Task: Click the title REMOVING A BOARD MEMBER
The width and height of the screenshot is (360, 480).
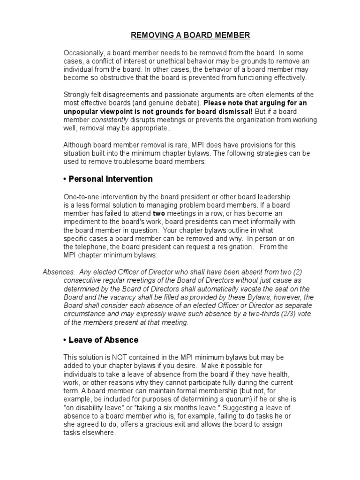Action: pyautogui.click(x=190, y=35)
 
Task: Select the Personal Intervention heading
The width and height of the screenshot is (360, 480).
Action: pyautogui.click(x=111, y=179)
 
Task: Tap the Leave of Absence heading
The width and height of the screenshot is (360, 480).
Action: pyautogui.click(x=104, y=339)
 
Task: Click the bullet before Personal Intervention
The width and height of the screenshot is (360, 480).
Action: pyautogui.click(x=65, y=179)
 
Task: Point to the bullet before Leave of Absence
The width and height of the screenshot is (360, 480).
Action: pyautogui.click(x=65, y=340)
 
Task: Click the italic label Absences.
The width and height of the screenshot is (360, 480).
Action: pyautogui.click(x=59, y=272)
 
